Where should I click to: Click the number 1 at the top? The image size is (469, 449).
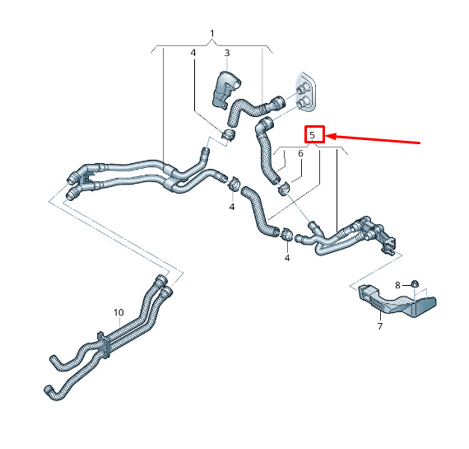pyautogui.click(x=212, y=33)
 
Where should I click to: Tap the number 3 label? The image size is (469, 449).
pyautogui.click(x=227, y=53)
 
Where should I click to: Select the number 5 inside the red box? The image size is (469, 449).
pyautogui.click(x=313, y=135)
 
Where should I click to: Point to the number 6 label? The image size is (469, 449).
pyautogui.click(x=300, y=154)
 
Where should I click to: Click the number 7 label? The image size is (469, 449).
pyautogui.click(x=380, y=326)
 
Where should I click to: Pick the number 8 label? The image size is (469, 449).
pyautogui.click(x=397, y=285)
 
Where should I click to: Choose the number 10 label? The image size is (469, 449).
pyautogui.click(x=118, y=312)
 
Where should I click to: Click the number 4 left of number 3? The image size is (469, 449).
pyautogui.click(x=193, y=53)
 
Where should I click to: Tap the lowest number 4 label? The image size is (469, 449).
pyautogui.click(x=287, y=258)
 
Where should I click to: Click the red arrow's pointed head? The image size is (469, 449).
pyautogui.click(x=326, y=137)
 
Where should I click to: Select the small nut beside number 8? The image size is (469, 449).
pyautogui.click(x=414, y=283)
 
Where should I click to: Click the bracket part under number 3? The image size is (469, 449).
pyautogui.click(x=225, y=89)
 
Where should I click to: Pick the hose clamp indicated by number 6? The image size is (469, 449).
pyautogui.click(x=284, y=189)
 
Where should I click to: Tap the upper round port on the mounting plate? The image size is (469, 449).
pyautogui.click(x=301, y=89)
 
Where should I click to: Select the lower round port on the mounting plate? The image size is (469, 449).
pyautogui.click(x=303, y=103)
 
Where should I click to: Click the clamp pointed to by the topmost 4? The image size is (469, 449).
pyautogui.click(x=228, y=134)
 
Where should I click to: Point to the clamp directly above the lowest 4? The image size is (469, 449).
pyautogui.click(x=287, y=233)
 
